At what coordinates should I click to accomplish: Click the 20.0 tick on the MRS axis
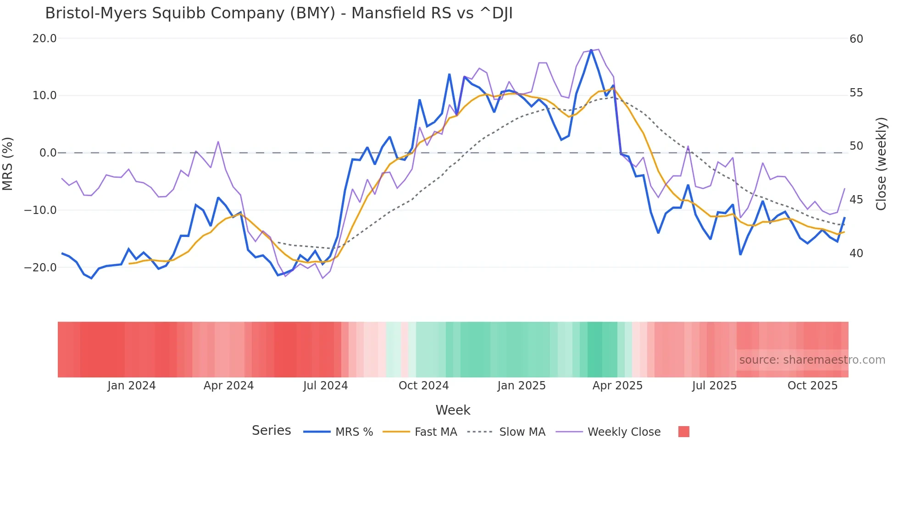(44, 39)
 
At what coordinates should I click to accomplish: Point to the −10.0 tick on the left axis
(40, 210)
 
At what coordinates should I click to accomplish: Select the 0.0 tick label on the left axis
(48, 153)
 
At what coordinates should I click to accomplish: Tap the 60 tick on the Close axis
(856, 39)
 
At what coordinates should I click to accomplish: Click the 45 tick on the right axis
(856, 200)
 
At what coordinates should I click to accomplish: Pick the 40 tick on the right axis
(856, 253)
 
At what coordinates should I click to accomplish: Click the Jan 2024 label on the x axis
(132, 386)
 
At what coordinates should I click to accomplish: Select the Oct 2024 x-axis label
(423, 386)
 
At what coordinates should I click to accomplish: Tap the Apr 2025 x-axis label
(617, 386)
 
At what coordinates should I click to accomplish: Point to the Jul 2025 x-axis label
(714, 386)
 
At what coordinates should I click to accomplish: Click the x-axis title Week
(453, 410)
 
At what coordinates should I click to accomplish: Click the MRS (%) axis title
(8, 163)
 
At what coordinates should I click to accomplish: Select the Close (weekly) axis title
(881, 164)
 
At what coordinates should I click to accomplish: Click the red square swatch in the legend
(684, 432)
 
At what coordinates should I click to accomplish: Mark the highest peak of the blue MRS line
(591, 50)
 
